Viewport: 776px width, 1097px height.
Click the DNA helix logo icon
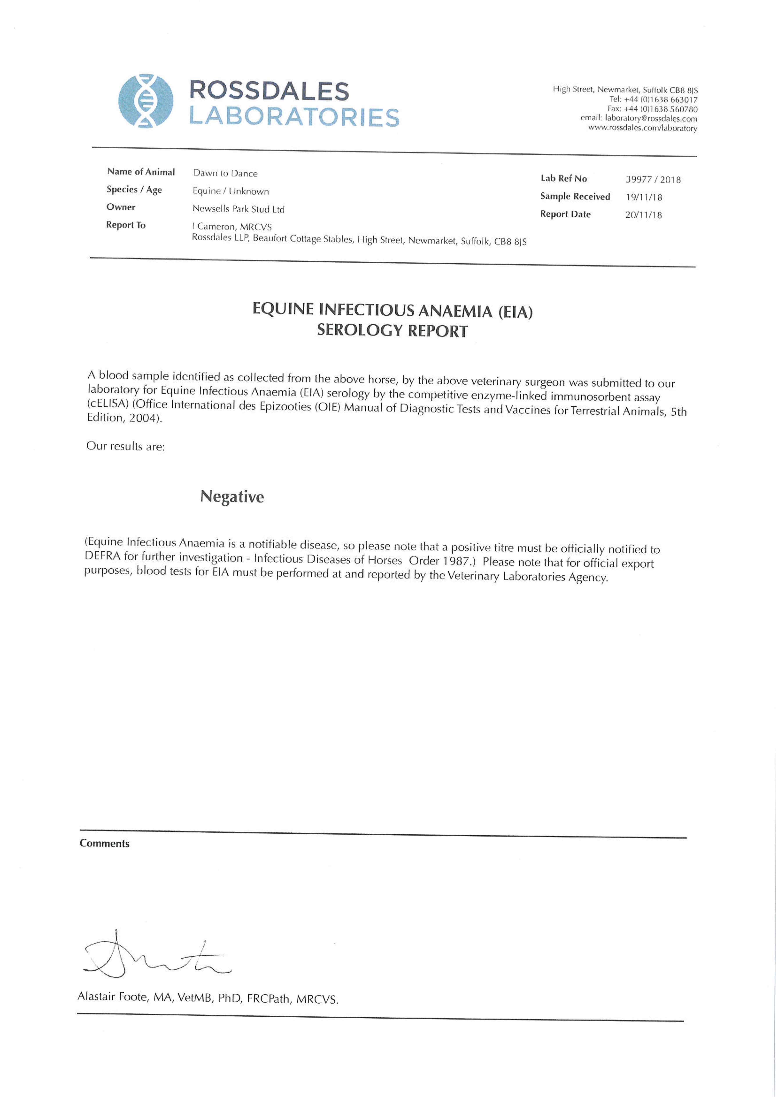(x=146, y=101)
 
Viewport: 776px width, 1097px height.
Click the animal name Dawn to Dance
(x=225, y=173)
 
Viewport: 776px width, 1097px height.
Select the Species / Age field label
(x=134, y=190)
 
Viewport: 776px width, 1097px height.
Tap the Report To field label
(x=126, y=225)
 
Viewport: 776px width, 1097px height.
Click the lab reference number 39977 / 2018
(x=653, y=180)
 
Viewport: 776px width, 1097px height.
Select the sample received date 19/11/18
(x=644, y=197)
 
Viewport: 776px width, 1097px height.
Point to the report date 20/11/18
(x=643, y=215)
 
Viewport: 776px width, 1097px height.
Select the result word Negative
(x=232, y=497)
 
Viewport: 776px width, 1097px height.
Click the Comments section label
(x=104, y=843)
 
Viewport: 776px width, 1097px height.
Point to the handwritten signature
(x=153, y=955)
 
